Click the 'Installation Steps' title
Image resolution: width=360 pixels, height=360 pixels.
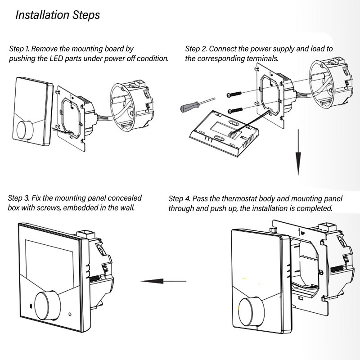tap(58, 15)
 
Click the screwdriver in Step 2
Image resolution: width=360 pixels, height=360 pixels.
tap(198, 105)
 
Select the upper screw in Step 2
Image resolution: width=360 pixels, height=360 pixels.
tap(234, 94)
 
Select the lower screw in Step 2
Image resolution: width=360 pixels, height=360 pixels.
tap(235, 110)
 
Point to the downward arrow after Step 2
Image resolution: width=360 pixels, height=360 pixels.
tap(298, 152)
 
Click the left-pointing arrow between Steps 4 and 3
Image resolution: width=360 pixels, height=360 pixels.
tap(163, 281)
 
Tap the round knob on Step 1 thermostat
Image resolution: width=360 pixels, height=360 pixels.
tap(25, 129)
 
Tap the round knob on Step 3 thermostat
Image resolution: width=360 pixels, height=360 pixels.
tap(47, 306)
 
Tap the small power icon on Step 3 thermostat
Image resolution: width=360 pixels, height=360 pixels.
tap(70, 314)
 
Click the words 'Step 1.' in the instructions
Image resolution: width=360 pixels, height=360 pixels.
tap(19, 49)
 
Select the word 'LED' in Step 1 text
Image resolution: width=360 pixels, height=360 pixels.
tap(56, 58)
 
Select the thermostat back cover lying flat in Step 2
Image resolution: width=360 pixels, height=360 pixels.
tap(224, 133)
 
